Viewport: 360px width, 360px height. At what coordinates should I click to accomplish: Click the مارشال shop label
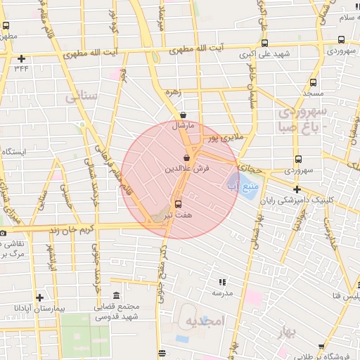pyautogui.click(x=182, y=127)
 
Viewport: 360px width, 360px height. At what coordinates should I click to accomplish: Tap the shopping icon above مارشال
pyautogui.click(x=183, y=115)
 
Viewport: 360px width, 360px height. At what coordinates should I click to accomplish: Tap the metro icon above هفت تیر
pyautogui.click(x=177, y=203)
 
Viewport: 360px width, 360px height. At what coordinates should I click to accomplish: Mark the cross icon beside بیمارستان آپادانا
pyautogui.click(x=39, y=297)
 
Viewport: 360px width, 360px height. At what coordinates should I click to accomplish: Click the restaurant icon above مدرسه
pyautogui.click(x=221, y=281)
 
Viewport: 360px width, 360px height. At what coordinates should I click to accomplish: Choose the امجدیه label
pyautogui.click(x=203, y=321)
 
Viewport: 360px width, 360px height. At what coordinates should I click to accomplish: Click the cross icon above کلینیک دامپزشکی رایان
pyautogui.click(x=297, y=189)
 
